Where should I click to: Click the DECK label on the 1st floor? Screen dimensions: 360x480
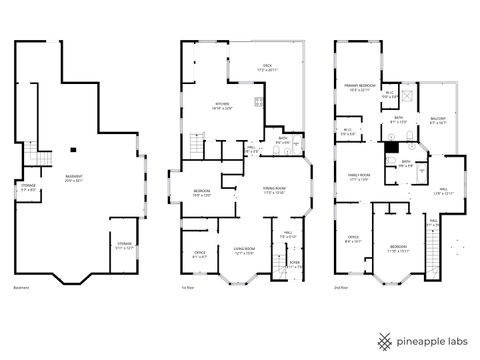pos(267,67)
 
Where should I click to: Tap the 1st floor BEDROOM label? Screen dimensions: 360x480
pos(201,193)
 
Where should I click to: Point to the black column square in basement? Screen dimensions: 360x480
pos(75,150)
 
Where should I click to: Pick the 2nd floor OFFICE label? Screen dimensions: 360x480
pos(353,239)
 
